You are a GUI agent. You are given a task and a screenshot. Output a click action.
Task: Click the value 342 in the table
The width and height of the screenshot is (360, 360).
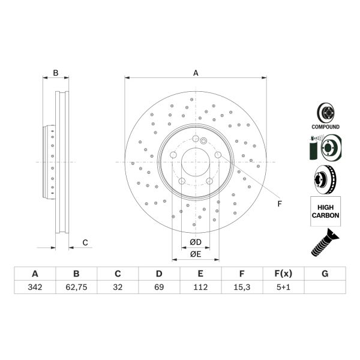[x=35, y=287]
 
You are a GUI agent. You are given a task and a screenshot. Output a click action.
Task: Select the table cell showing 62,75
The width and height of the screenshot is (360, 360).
[x=76, y=287]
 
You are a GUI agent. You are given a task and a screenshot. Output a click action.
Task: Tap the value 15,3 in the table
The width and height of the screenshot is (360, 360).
[x=242, y=287]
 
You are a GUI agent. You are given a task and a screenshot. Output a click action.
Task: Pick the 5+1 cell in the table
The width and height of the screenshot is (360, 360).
[x=283, y=287]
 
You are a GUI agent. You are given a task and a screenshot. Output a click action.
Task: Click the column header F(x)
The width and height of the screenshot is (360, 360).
[x=283, y=274]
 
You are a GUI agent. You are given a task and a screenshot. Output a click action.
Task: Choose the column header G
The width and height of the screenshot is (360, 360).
[x=325, y=274]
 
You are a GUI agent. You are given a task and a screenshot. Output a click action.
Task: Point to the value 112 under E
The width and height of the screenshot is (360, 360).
[x=200, y=287]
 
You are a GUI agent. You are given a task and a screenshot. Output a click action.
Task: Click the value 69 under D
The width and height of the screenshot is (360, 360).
[x=159, y=287]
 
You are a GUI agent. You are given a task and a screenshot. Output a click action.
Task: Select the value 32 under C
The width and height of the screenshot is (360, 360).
[x=118, y=287]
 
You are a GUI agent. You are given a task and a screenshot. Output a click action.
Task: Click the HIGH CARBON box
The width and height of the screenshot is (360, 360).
[x=325, y=211]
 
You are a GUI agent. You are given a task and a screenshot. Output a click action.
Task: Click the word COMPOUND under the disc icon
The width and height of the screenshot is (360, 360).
[x=325, y=127]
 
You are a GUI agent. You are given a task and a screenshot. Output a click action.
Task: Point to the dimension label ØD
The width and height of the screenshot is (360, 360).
[x=196, y=242]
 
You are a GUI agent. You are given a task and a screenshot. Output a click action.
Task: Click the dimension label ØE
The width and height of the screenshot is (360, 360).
[x=196, y=254]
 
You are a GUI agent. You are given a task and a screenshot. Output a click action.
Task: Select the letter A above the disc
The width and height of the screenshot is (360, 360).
[x=196, y=73]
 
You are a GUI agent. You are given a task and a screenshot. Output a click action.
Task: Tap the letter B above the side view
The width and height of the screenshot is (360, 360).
[x=56, y=73]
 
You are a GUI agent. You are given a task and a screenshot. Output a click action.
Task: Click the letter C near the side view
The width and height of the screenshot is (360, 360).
[x=85, y=242]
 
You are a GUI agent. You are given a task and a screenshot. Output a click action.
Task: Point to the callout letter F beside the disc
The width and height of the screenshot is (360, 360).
[x=279, y=204]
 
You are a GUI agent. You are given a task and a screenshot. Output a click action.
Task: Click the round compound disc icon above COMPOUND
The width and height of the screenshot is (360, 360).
[x=325, y=112]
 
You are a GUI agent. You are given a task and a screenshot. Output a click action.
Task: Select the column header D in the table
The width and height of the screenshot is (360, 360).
[x=159, y=274]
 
